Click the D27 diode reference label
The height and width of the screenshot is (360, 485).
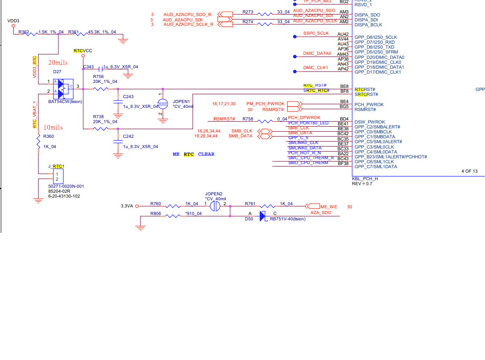click(x=57, y=71)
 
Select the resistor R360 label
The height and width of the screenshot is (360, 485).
click(x=48, y=137)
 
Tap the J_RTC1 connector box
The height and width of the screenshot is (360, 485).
click(x=57, y=176)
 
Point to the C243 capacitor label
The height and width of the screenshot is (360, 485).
click(x=128, y=97)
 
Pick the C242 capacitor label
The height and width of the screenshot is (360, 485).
click(x=128, y=137)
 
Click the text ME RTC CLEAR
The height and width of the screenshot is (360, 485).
click(x=193, y=154)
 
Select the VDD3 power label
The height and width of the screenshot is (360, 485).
click(x=13, y=21)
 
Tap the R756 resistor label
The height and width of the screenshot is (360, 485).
click(x=98, y=77)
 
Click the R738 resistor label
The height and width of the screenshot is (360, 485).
click(x=98, y=116)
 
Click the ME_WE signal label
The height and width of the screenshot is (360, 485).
click(x=329, y=207)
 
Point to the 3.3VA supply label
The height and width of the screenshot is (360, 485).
click(x=127, y=206)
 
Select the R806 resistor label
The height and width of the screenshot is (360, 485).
click(x=156, y=213)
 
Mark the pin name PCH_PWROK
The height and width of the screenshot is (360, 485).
click(x=369, y=105)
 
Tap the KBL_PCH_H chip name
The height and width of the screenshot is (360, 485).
click(x=365, y=178)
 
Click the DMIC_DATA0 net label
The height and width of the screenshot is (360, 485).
click(x=317, y=54)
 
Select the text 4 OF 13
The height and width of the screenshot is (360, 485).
click(x=469, y=171)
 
